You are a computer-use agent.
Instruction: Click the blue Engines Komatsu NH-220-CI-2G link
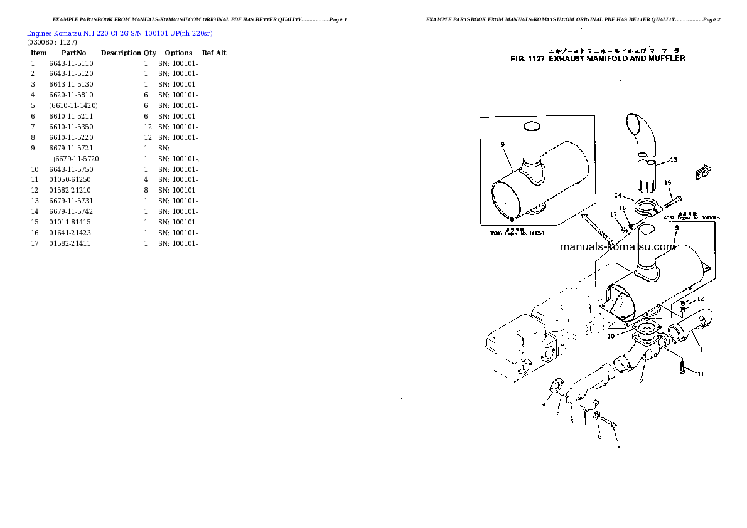coord(119,33)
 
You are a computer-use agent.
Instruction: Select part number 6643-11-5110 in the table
coord(71,63)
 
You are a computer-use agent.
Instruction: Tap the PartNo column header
coord(73,53)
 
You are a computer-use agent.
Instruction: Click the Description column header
coord(121,53)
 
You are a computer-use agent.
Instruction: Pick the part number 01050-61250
coord(70,180)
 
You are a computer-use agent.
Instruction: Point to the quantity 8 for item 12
coord(146,190)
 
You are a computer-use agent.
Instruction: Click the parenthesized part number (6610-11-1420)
coord(73,105)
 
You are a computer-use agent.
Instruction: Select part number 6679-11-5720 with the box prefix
coord(74,159)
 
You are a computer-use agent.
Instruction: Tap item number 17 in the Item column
coord(35,243)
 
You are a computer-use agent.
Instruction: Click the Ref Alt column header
coord(214,53)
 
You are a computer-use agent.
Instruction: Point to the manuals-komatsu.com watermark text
coord(617,246)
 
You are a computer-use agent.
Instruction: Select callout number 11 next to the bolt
coord(701,374)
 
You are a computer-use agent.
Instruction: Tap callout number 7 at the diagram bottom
coord(618,446)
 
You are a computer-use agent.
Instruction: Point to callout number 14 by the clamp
coord(618,195)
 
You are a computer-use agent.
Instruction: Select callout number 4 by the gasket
coord(544,404)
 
